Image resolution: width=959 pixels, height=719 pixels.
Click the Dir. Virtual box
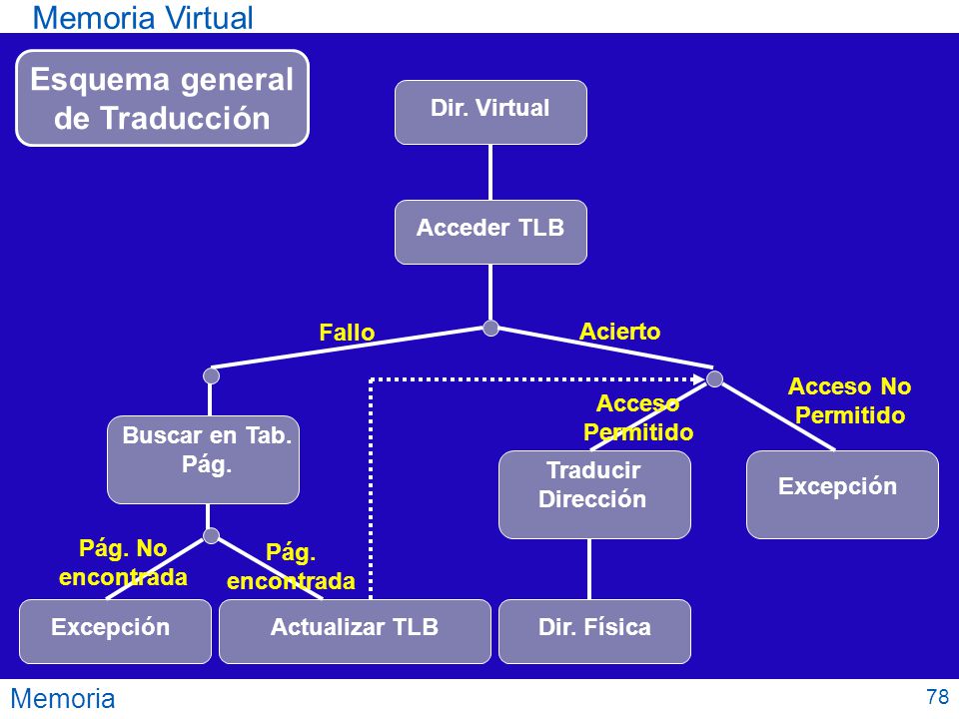click(x=490, y=113)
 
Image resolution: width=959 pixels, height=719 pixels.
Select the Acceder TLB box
click(x=490, y=233)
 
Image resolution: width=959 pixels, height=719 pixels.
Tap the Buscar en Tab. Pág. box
click(x=203, y=459)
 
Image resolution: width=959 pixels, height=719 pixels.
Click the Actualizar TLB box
click(x=355, y=631)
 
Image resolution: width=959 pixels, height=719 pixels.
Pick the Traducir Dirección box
click(x=594, y=494)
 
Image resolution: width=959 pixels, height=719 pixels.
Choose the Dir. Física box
click(x=594, y=631)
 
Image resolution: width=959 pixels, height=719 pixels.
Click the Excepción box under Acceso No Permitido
click(x=842, y=494)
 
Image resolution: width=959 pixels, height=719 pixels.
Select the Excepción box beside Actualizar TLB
click(x=115, y=631)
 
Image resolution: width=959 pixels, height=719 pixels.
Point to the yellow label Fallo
click(x=347, y=333)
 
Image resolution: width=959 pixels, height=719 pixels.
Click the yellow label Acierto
click(x=619, y=332)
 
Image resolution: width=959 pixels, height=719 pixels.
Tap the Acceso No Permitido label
click(x=849, y=401)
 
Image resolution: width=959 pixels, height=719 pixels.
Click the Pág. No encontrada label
click(x=123, y=562)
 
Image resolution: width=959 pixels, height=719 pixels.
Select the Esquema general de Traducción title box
click(x=162, y=98)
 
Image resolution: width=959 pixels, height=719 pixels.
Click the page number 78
click(x=938, y=696)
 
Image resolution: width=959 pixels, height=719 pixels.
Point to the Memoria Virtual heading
click(x=143, y=17)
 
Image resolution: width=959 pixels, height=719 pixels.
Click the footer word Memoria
click(x=63, y=698)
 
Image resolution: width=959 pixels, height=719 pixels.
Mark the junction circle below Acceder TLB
click(x=490, y=329)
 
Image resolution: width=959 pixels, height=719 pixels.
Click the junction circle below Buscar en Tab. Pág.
click(x=211, y=536)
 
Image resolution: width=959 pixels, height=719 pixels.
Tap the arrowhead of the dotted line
click(x=702, y=379)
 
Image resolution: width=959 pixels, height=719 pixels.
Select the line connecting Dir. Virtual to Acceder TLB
click(x=490, y=173)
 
